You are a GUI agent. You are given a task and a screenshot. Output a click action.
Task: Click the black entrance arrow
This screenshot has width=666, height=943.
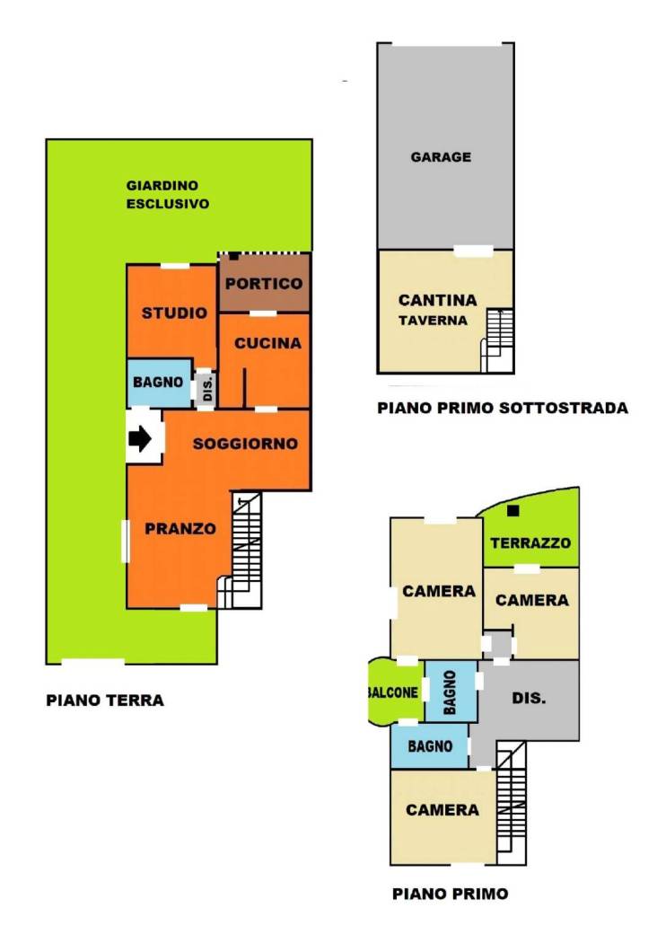coord(139,438)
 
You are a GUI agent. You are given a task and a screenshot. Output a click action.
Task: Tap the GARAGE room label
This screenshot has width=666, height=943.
coord(441,157)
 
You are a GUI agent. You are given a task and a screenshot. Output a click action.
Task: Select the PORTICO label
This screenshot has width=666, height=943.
coord(264,283)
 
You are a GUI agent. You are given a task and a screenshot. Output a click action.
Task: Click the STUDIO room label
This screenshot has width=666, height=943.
coord(174,313)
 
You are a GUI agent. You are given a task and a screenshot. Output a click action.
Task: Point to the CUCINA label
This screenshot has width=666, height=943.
coord(267,343)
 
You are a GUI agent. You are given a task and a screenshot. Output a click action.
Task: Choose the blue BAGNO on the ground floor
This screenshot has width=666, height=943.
coord(158,382)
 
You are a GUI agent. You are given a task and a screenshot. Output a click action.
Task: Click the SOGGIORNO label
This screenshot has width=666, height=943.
coord(245,444)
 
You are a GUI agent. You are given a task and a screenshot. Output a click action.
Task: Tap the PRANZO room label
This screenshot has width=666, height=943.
coord(180,529)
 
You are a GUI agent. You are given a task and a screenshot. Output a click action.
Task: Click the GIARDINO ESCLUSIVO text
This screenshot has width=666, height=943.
coord(168,194)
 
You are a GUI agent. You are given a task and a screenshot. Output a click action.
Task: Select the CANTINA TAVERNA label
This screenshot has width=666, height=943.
coord(437,309)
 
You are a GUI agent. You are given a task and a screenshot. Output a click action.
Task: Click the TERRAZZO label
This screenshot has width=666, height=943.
coord(530,543)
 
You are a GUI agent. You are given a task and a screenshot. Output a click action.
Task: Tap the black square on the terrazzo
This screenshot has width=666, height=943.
coord(513,511)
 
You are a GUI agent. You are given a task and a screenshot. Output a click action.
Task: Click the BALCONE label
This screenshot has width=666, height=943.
coord(392,692)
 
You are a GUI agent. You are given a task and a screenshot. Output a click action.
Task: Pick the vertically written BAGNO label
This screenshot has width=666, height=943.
coord(450,692)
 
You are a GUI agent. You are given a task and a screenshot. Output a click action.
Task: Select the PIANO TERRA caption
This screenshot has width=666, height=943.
coord(105,700)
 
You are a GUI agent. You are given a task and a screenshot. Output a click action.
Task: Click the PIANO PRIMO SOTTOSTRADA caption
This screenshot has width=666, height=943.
coord(503,408)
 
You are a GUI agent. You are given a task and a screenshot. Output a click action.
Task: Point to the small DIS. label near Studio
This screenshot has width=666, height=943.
coord(207,389)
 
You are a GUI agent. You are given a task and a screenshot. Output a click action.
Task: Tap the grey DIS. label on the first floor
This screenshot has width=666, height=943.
coord(529,698)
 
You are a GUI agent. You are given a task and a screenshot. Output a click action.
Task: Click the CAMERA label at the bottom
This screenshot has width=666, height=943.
coord(443,810)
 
